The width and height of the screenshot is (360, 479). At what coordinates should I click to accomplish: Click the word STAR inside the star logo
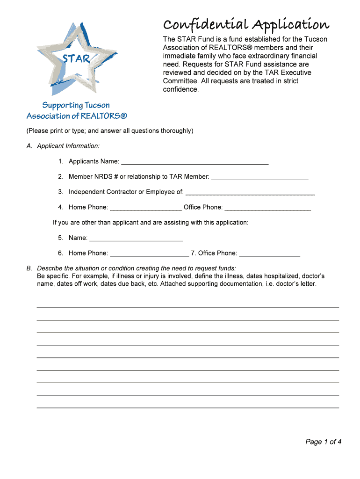click(x=76, y=59)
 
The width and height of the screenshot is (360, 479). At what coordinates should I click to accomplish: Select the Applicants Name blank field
click(x=194, y=161)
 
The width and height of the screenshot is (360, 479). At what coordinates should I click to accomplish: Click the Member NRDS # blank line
click(x=259, y=177)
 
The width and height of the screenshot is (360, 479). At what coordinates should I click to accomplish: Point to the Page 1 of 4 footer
click(x=324, y=442)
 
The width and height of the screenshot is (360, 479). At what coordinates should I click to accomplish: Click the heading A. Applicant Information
click(x=63, y=146)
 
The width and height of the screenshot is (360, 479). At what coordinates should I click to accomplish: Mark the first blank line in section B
click(x=187, y=307)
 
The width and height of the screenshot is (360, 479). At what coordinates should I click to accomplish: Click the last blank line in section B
click(x=187, y=407)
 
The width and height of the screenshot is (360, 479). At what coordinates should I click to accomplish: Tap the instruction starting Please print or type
click(x=109, y=131)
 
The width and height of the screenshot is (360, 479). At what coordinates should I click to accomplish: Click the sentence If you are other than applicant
click(x=151, y=223)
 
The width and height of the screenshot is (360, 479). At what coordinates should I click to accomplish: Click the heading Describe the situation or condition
click(x=136, y=269)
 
